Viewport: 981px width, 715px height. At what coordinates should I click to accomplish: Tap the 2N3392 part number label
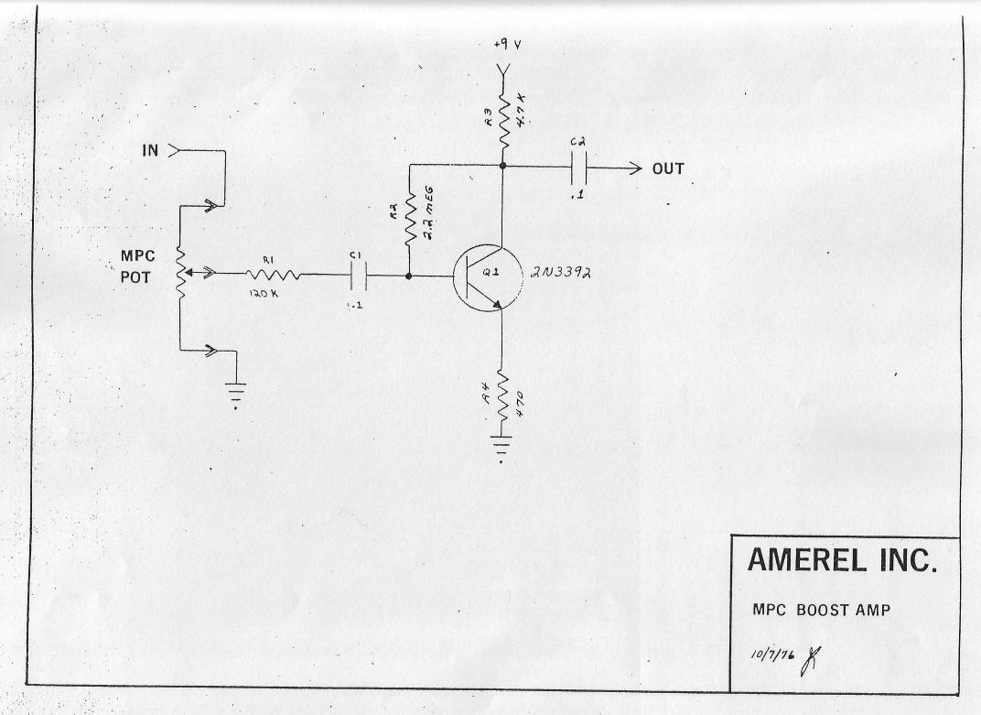(561, 273)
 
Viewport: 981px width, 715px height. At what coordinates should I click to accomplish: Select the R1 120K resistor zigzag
(274, 275)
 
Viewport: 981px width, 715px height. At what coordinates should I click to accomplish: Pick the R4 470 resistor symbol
(501, 397)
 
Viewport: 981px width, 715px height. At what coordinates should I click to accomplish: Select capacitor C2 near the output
(578, 168)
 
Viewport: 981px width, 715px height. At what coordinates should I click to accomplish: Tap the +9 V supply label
(507, 45)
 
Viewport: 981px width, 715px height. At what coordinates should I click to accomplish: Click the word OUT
(668, 168)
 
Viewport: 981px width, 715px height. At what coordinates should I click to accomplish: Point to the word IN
(150, 150)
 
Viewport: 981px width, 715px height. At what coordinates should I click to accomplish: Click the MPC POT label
(137, 266)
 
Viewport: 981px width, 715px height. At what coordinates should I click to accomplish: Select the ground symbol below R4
(501, 447)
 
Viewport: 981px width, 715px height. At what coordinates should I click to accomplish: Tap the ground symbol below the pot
(236, 395)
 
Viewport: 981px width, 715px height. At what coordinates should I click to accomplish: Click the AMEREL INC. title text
(842, 559)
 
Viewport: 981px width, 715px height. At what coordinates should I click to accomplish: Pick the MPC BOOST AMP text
(821, 610)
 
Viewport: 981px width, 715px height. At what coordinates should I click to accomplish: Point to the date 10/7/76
(772, 655)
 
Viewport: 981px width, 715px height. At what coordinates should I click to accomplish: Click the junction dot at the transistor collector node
(501, 166)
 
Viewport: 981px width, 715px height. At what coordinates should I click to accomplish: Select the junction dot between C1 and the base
(409, 276)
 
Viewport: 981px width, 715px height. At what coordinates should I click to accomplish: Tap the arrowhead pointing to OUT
(636, 168)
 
